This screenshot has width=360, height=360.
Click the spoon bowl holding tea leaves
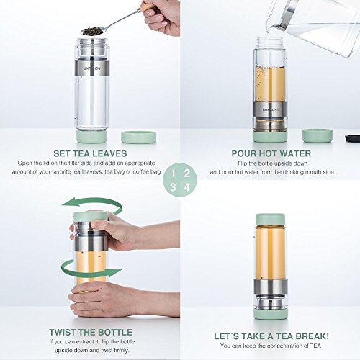tap(92, 31)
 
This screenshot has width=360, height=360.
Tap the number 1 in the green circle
tap(173, 174)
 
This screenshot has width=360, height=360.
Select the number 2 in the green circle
tap(187, 174)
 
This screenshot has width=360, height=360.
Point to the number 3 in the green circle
tap(173, 187)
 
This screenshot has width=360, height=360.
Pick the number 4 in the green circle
tap(187, 187)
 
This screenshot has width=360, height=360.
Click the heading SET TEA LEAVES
tap(90, 153)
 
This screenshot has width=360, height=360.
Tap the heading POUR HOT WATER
tap(271, 153)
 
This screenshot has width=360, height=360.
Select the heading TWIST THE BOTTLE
tap(91, 333)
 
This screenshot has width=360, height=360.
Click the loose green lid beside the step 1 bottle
tap(139, 138)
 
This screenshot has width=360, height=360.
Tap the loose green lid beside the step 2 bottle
tap(318, 136)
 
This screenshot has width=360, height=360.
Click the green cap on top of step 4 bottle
tap(270, 220)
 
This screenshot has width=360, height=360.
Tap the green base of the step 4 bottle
tap(271, 314)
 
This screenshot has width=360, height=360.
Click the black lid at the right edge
tap(353, 138)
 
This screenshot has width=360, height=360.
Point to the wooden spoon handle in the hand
tap(147, 6)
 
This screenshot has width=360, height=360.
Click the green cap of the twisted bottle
tap(90, 217)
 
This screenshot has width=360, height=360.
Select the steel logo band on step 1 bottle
tap(92, 68)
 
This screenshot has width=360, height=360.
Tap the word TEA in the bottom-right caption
tap(315, 346)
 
